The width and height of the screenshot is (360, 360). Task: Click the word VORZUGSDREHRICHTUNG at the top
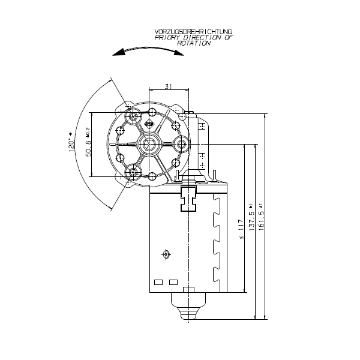coord(193,31)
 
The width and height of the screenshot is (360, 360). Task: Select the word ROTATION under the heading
coord(197,44)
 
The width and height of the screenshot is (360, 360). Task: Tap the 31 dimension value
coord(169,86)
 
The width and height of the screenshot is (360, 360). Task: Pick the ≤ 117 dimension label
coord(241,229)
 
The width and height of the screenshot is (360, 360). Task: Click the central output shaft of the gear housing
coord(148,143)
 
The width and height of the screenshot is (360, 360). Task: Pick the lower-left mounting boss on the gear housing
coord(132,173)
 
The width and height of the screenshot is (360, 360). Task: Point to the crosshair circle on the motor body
coord(166,254)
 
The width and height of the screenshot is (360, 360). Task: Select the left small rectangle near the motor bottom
coord(159,281)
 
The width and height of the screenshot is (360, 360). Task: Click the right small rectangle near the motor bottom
coord(174,281)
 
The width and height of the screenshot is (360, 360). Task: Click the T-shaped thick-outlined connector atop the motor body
coord(188,197)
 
